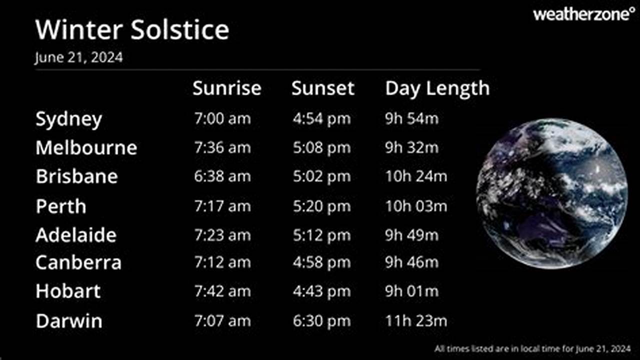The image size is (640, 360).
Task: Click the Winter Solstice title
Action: click(132, 30)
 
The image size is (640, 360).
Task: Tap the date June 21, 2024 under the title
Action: click(78, 57)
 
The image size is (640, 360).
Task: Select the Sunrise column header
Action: click(226, 88)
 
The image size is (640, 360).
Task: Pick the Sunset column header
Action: click(322, 88)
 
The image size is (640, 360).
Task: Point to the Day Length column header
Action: click(437, 88)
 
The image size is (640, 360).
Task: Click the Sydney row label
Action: click(68, 119)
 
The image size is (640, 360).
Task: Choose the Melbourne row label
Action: click(86, 148)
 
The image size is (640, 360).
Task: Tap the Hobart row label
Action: click(68, 291)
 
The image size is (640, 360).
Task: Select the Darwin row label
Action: click(68, 320)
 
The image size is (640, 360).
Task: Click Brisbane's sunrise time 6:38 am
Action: click(222, 176)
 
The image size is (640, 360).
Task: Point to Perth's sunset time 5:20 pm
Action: click(321, 206)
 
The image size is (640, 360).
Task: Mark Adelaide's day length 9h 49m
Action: click(411, 235)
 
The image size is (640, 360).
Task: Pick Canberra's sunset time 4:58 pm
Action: click(321, 262)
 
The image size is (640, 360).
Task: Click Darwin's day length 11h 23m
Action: click(416, 320)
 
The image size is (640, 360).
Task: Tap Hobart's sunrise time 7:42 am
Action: click(222, 291)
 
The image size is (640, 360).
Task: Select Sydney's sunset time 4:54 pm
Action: click(321, 119)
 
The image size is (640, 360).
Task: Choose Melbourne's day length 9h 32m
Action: click(411, 148)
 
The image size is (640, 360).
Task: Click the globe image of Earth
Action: click(551, 194)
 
